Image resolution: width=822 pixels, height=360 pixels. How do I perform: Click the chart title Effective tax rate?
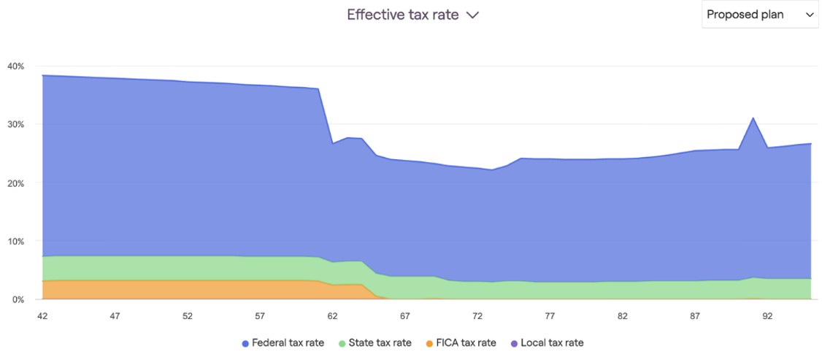(x=402, y=15)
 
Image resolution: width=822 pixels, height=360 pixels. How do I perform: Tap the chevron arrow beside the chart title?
(x=472, y=15)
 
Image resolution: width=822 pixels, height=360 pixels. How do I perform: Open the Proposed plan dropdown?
(x=759, y=15)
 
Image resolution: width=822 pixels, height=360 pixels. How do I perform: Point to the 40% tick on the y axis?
(x=15, y=66)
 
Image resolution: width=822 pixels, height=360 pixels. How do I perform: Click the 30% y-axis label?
(x=15, y=125)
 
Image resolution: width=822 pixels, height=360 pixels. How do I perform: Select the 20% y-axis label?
(x=15, y=183)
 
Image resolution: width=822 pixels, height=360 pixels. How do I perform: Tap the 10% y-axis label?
(x=15, y=242)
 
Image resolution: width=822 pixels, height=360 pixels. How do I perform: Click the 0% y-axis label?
(x=18, y=299)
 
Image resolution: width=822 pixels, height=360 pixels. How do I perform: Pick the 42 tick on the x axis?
(x=42, y=317)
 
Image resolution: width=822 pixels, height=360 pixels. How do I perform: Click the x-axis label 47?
(x=115, y=317)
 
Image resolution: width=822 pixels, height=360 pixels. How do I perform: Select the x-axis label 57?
(x=260, y=317)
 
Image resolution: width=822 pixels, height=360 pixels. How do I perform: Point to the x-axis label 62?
(x=332, y=317)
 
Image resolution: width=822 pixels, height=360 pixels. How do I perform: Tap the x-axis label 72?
(x=477, y=317)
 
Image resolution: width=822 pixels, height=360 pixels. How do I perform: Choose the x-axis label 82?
(x=622, y=317)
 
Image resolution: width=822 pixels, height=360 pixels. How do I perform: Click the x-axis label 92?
(x=767, y=317)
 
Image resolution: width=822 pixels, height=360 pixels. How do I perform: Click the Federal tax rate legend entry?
(x=285, y=342)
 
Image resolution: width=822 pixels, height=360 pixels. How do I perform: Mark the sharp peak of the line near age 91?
(x=753, y=118)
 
